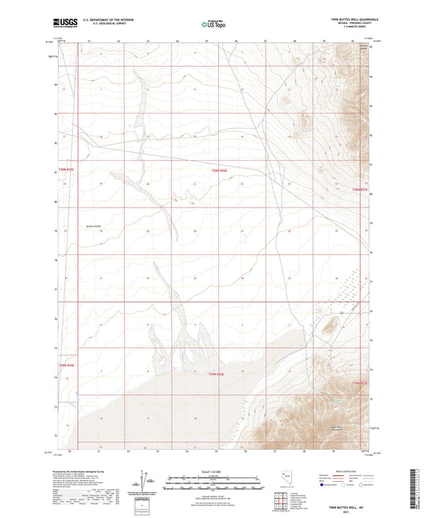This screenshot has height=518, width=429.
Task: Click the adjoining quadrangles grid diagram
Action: point(283,501)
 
